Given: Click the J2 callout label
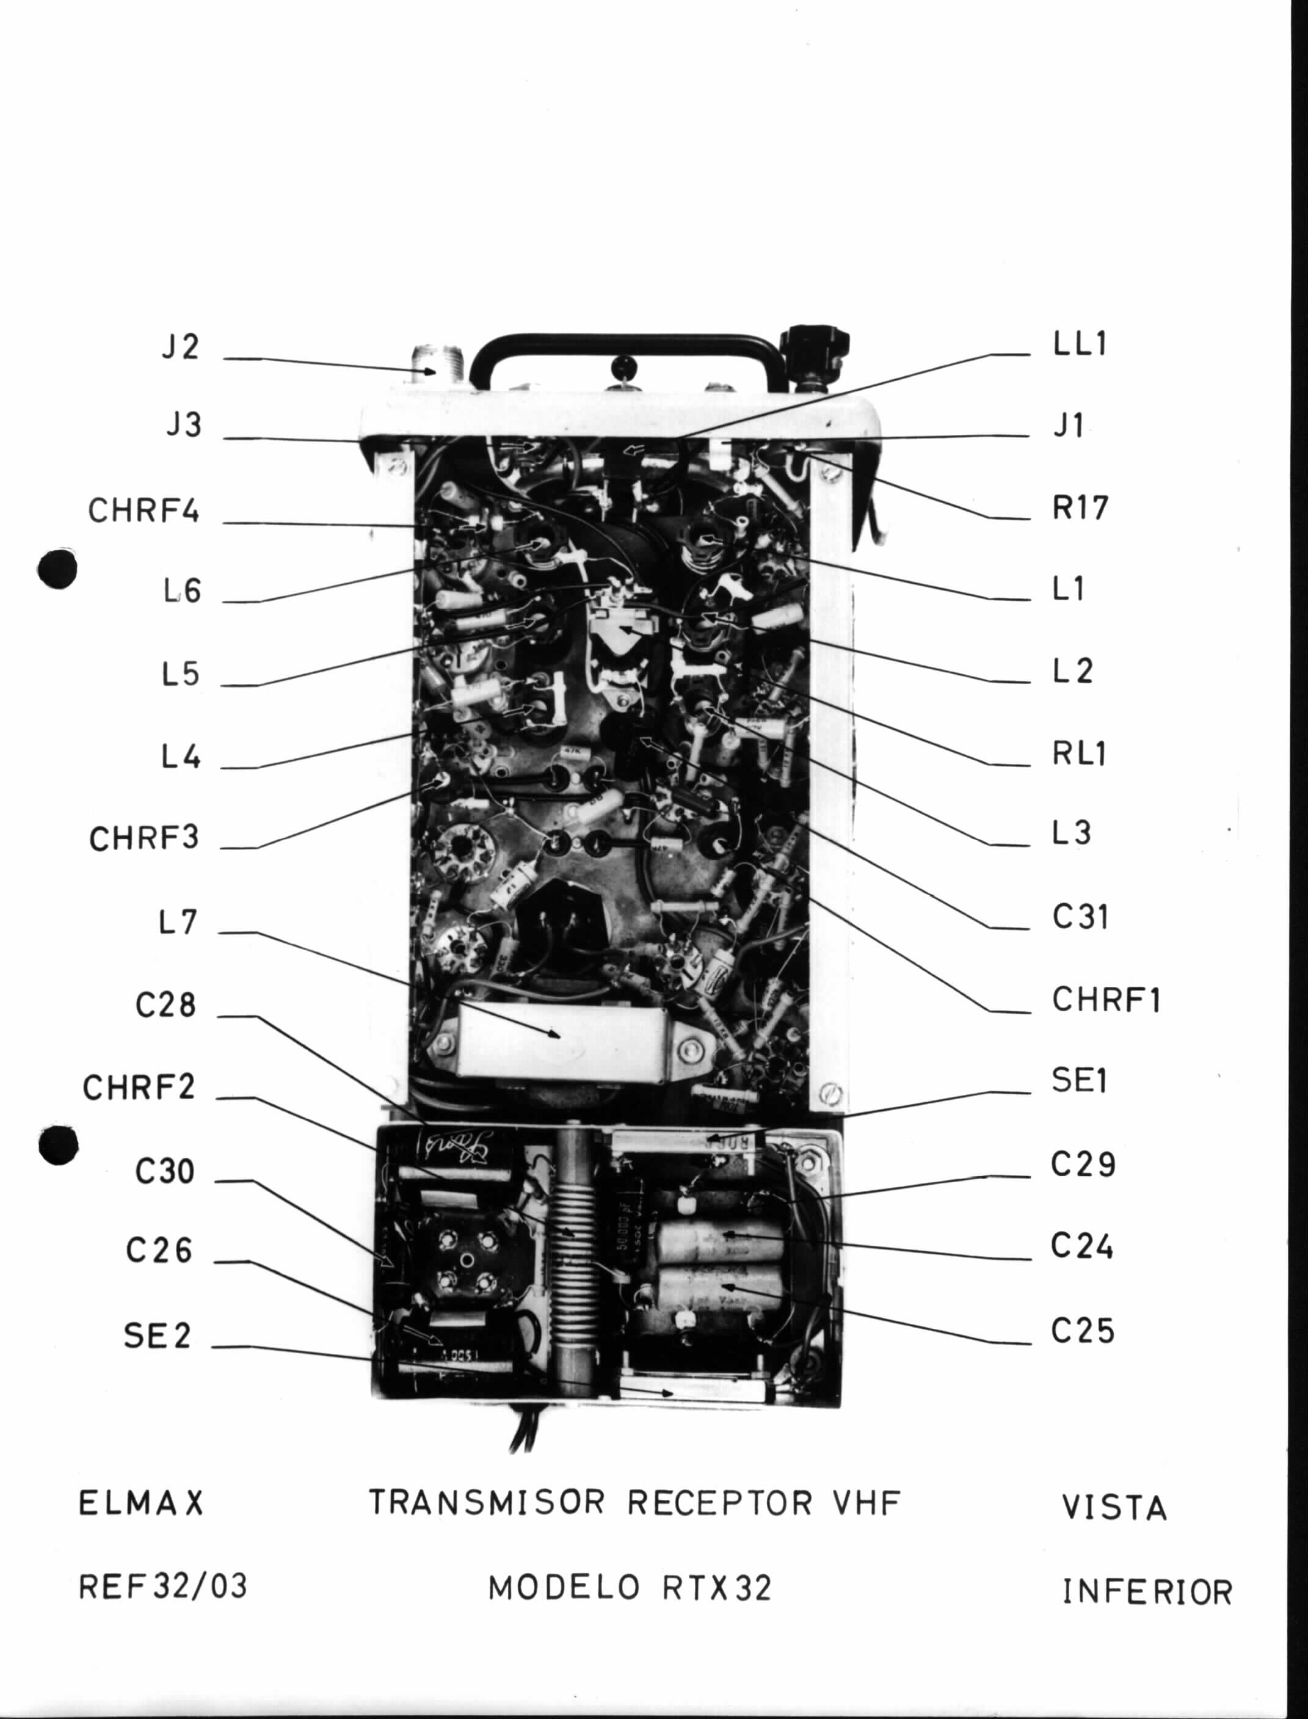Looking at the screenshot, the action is (x=181, y=346).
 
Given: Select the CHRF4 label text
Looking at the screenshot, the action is (x=144, y=511).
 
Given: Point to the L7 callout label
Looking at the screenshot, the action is (x=178, y=923).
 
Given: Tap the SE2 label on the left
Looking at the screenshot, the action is (x=158, y=1336).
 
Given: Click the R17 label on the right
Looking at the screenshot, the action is (x=1080, y=507).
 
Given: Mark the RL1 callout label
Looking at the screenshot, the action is (x=1079, y=753).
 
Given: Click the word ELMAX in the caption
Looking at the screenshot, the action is (x=141, y=1503).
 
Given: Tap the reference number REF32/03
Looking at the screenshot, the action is (x=162, y=1586).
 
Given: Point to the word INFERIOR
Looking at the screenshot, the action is (x=1147, y=1592).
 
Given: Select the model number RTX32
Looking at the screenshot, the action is (x=717, y=1588).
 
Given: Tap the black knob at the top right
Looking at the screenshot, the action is (x=815, y=349).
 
